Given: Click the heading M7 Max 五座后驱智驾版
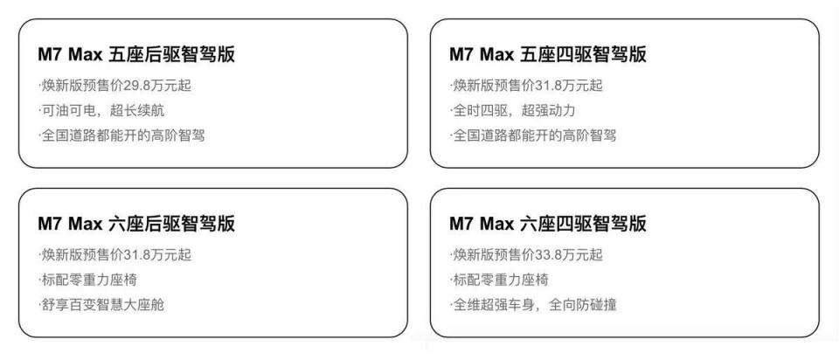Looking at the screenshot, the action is click(136, 55).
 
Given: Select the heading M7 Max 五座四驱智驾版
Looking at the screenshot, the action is click(548, 55).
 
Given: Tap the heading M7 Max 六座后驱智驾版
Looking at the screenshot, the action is click(136, 225).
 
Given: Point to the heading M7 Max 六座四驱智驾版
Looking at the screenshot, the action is click(548, 225).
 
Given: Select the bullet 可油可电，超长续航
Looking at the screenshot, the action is click(102, 111).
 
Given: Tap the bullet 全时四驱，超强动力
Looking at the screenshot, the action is click(514, 111).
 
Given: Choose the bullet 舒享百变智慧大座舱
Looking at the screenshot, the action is click(102, 305).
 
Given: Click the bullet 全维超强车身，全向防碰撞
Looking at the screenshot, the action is click(533, 305).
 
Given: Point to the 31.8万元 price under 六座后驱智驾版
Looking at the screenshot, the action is click(141, 255).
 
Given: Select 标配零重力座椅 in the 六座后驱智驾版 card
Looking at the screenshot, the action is click(90, 280).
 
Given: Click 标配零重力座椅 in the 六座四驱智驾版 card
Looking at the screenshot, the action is click(502, 280).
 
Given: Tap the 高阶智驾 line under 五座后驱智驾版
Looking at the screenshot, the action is click(121, 136).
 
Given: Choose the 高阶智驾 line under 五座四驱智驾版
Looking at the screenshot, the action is click(532, 136).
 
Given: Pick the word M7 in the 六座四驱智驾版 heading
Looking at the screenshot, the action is click(461, 225).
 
